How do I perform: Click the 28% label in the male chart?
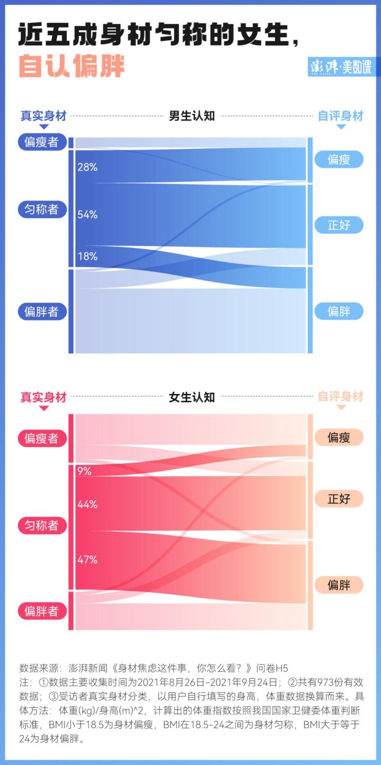tap(88, 167)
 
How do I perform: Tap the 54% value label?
tap(88, 214)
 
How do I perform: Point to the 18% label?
tap(88, 256)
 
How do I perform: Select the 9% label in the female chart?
tap(84, 471)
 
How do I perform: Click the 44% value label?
tap(88, 504)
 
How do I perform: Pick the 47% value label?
tap(88, 560)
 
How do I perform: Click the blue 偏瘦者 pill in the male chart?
tap(42, 142)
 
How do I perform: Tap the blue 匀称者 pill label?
tap(42, 209)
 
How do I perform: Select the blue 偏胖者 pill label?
tap(42, 312)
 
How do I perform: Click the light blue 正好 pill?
tap(339, 225)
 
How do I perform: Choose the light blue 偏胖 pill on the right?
tap(339, 311)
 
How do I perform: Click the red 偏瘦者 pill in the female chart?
tap(42, 439)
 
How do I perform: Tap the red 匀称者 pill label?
tap(42, 525)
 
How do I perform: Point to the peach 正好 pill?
tap(339, 499)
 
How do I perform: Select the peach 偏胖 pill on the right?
tap(339, 585)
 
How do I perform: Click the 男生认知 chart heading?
tap(192, 116)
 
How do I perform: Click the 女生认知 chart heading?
tap(192, 397)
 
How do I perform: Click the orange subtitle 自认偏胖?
tap(72, 66)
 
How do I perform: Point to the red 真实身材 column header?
tap(43, 397)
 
